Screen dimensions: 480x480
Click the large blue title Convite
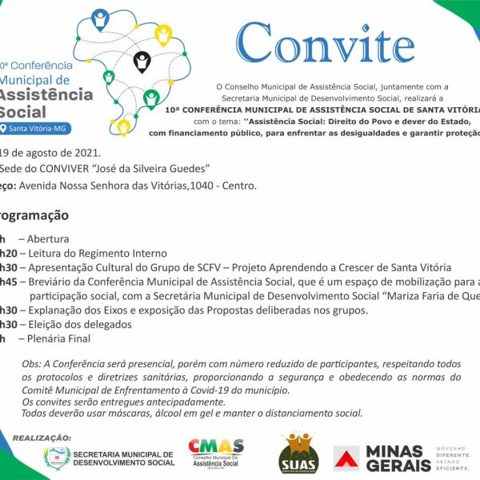pyautogui.click(x=326, y=43)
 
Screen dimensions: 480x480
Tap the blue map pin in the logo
pyautogui.click(x=100, y=18)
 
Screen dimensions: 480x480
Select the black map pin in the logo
pyautogui.click(x=142, y=61)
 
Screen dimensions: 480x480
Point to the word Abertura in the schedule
pyautogui.click(x=48, y=238)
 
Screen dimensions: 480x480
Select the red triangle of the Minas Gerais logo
pyautogui.click(x=346, y=458)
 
